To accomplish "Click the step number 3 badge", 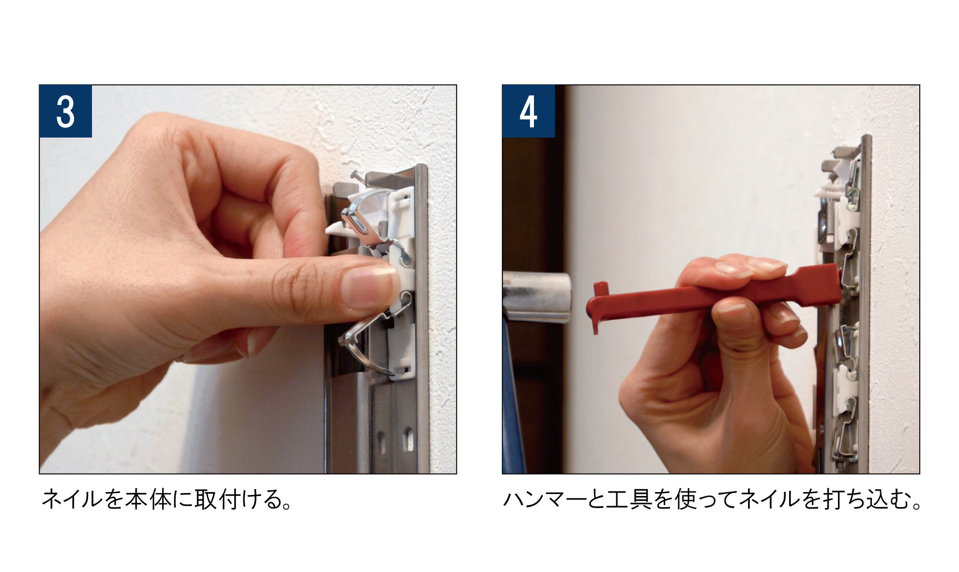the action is (66, 111).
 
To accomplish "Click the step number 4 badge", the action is (529, 111).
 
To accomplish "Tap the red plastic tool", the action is (712, 296).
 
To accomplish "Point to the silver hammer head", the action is (537, 297).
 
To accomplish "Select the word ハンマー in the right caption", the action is (545, 499).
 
